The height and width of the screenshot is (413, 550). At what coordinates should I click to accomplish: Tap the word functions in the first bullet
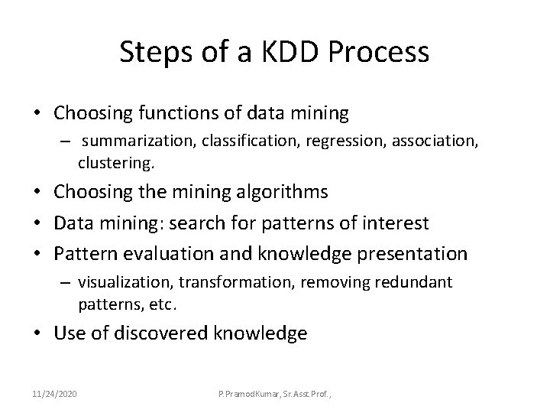click(172, 114)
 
